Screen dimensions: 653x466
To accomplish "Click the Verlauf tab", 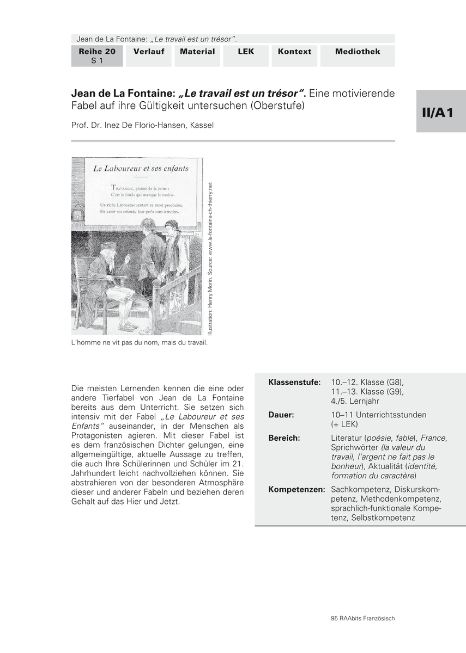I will coord(149,52).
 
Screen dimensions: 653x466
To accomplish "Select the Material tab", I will coord(197,52).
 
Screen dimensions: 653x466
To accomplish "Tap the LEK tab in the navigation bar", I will coord(246,52).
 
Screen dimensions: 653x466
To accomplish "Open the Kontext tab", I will coord(294,52).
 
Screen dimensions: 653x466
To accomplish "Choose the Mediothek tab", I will coord(358,52).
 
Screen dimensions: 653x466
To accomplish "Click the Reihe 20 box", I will coord(97,56).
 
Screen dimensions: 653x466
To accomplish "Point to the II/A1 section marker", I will coord(441,112).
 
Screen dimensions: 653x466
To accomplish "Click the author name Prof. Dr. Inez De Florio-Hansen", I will coord(142,125).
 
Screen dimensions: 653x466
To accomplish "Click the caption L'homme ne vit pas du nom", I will coord(140,343).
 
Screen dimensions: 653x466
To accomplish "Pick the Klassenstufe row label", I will coord(294,383).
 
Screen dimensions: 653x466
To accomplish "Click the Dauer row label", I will coord(281,415).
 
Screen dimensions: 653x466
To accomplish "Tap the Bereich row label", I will coord(284,438).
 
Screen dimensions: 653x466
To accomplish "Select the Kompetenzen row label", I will coord(296,489).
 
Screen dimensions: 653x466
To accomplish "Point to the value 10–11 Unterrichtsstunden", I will coord(378,415).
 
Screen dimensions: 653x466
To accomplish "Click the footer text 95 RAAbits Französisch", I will coord(362,618).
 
